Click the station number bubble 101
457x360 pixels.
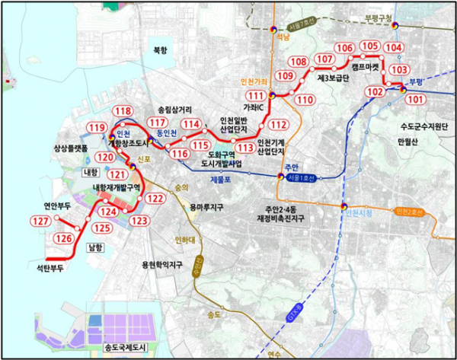tap(416, 99)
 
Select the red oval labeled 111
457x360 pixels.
tap(256, 95)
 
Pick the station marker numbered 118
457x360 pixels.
tap(122, 111)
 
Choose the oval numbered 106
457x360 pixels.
tap(344, 48)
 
